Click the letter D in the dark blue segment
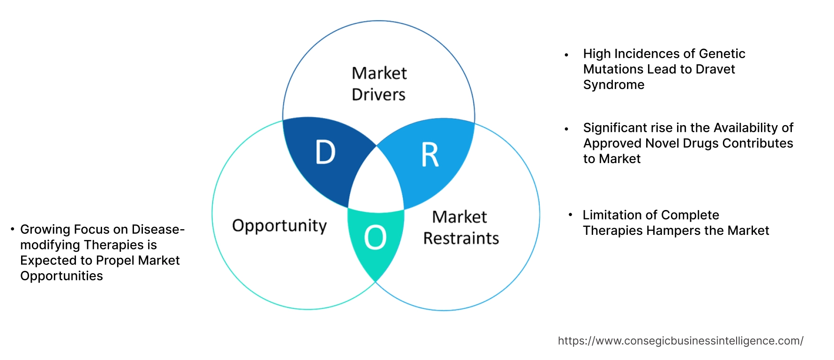326,152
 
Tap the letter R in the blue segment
430,155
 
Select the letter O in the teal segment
375,237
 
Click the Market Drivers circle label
379,84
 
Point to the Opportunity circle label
279,226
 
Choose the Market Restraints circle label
461,228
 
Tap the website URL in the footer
680,341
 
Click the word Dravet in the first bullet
715,69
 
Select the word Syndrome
614,85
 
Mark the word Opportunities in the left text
61,276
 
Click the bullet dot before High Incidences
566,55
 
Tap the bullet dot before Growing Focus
12,229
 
